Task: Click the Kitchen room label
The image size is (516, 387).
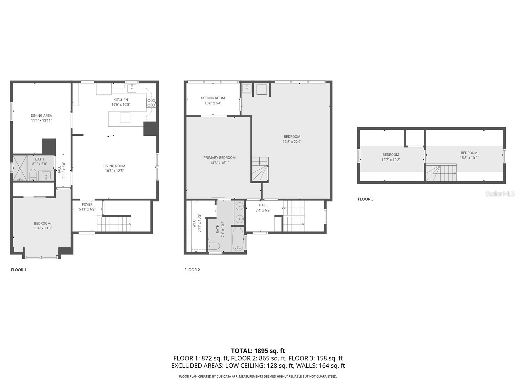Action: pyautogui.click(x=121, y=100)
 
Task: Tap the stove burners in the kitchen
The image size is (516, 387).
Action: pyautogui.click(x=151, y=103)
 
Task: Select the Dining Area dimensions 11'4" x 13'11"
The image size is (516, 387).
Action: pyautogui.click(x=41, y=121)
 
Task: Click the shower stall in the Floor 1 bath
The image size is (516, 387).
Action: pyautogui.click(x=20, y=168)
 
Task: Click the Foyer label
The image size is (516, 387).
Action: pyautogui.click(x=87, y=204)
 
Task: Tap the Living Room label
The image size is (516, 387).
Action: pyautogui.click(x=114, y=166)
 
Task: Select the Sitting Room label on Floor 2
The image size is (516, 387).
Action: pyautogui.click(x=213, y=98)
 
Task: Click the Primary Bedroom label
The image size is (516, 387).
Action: pyautogui.click(x=219, y=158)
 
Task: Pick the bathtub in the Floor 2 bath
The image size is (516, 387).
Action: pyautogui.click(x=238, y=239)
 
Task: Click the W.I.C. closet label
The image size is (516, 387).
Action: pyautogui.click(x=194, y=223)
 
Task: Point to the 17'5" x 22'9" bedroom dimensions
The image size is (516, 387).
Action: pyautogui.click(x=292, y=142)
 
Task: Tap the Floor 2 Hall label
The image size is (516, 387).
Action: pyautogui.click(x=263, y=205)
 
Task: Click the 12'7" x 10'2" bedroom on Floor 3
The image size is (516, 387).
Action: pyautogui.click(x=391, y=157)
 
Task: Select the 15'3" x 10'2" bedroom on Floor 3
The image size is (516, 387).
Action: pyautogui.click(x=469, y=155)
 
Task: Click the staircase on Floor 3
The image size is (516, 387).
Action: pyautogui.click(x=441, y=173)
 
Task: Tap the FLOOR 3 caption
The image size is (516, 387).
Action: pyautogui.click(x=365, y=199)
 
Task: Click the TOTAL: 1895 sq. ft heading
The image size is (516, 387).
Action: pyautogui.click(x=258, y=351)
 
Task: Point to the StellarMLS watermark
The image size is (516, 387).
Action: pyautogui.click(x=500, y=193)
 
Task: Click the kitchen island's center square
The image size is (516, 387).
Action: pyautogui.click(x=125, y=118)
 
